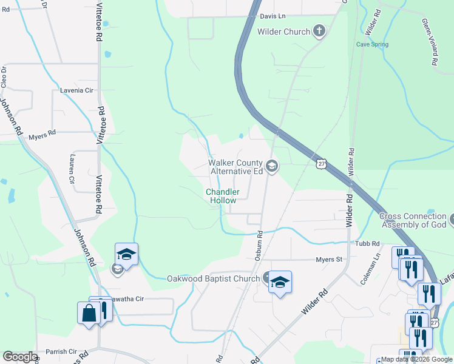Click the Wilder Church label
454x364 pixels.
[284, 32]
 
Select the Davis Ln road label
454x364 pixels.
[273, 16]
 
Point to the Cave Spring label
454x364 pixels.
[371, 44]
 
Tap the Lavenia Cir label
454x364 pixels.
[75, 90]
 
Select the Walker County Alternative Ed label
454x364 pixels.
[235, 167]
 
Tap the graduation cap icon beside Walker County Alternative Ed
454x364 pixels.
[272, 166]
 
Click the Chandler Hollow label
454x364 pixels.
[223, 196]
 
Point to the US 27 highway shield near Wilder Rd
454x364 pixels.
[321, 164]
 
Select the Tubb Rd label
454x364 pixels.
[367, 243]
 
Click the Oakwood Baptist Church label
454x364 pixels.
[213, 279]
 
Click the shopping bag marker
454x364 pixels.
[89, 313]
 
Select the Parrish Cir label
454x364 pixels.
[61, 352]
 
